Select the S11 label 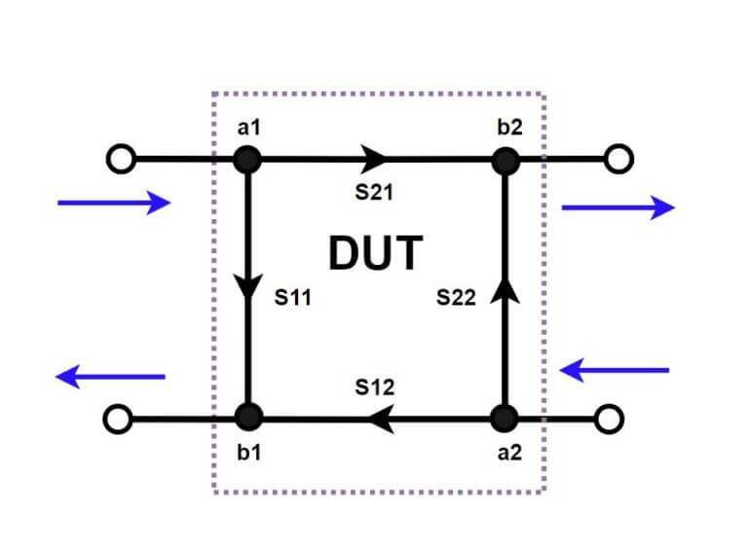(292, 298)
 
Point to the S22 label (455, 298)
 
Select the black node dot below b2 (505, 159)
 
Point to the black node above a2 (505, 419)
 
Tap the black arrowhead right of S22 (505, 287)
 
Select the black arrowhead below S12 (378, 420)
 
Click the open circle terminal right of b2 (617, 158)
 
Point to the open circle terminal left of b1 (117, 420)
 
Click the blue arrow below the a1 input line (114, 203)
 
